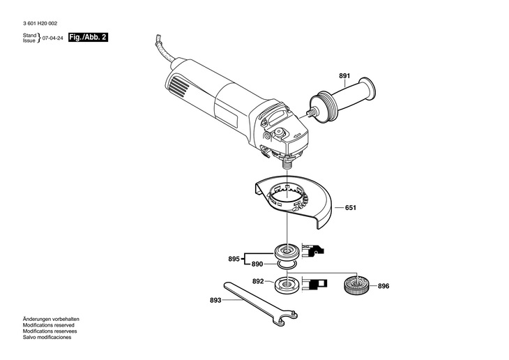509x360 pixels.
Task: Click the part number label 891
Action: tap(344, 76)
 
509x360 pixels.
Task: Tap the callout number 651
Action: tap(350, 208)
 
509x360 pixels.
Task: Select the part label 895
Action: tap(234, 259)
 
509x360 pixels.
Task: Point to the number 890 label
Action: tap(257, 264)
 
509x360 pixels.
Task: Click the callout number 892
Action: tap(258, 281)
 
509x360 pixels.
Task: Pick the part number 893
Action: tap(215, 300)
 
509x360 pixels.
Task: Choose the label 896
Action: tap(383, 286)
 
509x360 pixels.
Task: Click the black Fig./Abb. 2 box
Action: tap(88, 38)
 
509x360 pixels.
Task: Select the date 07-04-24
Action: tap(53, 38)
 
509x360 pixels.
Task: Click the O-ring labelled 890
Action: tap(287, 264)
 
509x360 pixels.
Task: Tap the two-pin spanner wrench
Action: tap(259, 303)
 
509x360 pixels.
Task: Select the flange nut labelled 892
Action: tap(287, 284)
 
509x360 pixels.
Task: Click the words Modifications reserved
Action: tap(48, 325)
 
